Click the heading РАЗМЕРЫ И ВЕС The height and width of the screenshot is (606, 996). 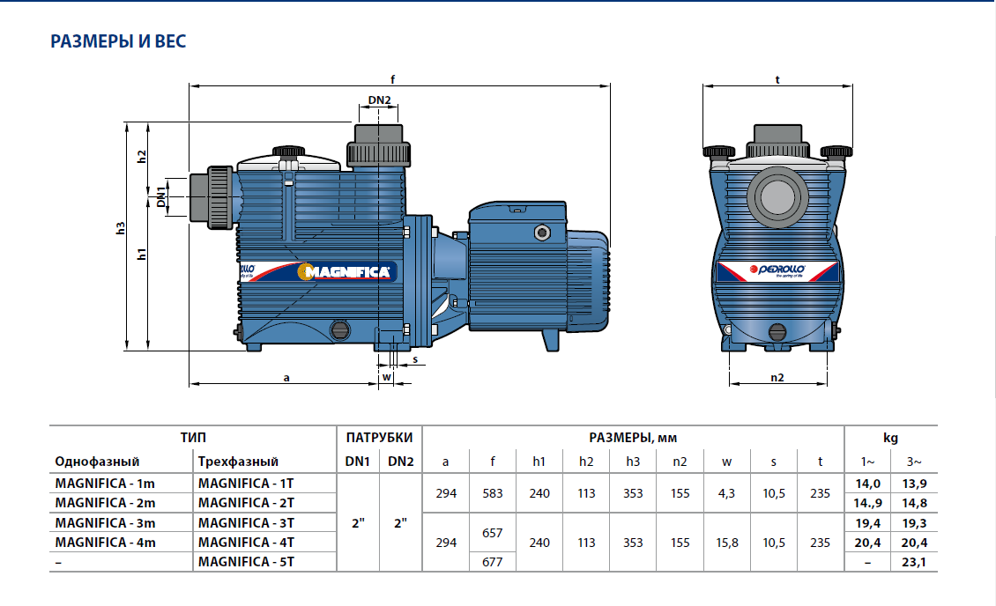coord(118,41)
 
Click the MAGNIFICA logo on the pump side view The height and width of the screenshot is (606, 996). coord(346,272)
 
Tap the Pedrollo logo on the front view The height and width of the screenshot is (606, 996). coord(773,270)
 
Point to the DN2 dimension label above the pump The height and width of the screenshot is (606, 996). coord(379,100)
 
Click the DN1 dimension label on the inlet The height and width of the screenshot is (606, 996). coord(161,196)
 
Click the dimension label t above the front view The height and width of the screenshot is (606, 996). coord(777,79)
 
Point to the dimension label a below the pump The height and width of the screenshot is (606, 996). coord(286,377)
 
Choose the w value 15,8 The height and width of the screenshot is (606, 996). coord(726,542)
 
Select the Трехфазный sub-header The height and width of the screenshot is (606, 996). coord(238,461)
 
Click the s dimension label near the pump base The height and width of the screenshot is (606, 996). coord(414,360)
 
